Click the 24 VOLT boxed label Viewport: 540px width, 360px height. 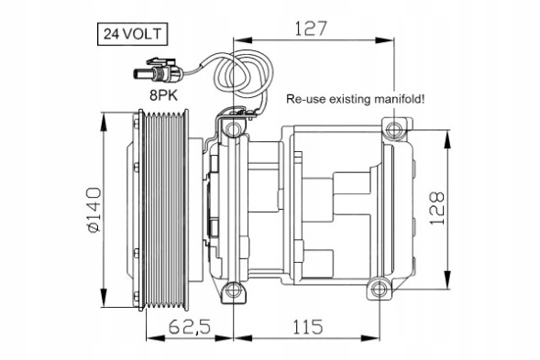(x=132, y=35)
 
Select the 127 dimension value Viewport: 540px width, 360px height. (x=312, y=29)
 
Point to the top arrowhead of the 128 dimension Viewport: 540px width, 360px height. (x=448, y=134)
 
